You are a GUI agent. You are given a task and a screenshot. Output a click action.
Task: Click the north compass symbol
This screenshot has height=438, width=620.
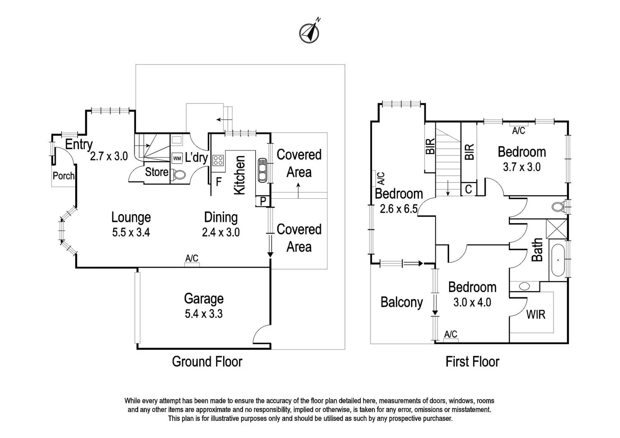click(310, 32)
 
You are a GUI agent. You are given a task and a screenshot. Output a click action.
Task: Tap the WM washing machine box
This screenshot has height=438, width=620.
click(177, 158)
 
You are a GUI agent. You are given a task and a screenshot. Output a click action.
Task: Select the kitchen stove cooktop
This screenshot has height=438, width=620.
click(218, 160)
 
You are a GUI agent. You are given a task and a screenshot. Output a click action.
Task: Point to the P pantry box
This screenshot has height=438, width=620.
click(263, 201)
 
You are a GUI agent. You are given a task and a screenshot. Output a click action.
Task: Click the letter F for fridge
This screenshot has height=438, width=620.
click(218, 182)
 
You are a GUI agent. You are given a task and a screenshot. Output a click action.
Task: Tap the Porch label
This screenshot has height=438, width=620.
click(64, 176)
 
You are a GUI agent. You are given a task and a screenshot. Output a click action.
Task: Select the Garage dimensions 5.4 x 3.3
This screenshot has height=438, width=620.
click(204, 314)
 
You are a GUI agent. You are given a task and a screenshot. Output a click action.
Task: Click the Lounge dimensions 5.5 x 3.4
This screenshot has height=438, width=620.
click(131, 233)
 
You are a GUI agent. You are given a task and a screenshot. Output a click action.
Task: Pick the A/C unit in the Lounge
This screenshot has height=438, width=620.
click(192, 264)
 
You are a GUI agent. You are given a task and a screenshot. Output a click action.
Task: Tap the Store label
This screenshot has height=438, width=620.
click(157, 172)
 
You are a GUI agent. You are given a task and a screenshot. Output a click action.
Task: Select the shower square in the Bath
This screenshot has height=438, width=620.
click(557, 229)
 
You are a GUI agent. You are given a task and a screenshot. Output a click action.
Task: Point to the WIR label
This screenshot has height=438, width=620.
click(536, 314)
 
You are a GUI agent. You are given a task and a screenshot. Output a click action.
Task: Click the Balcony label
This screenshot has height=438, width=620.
click(402, 303)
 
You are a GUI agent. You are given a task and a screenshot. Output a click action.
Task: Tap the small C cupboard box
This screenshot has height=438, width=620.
click(469, 189)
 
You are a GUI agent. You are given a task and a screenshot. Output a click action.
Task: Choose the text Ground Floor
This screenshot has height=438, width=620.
click(207, 361)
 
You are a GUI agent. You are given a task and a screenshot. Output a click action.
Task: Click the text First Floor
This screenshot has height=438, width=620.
click(472, 361)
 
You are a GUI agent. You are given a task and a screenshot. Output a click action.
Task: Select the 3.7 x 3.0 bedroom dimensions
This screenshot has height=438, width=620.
click(521, 167)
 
